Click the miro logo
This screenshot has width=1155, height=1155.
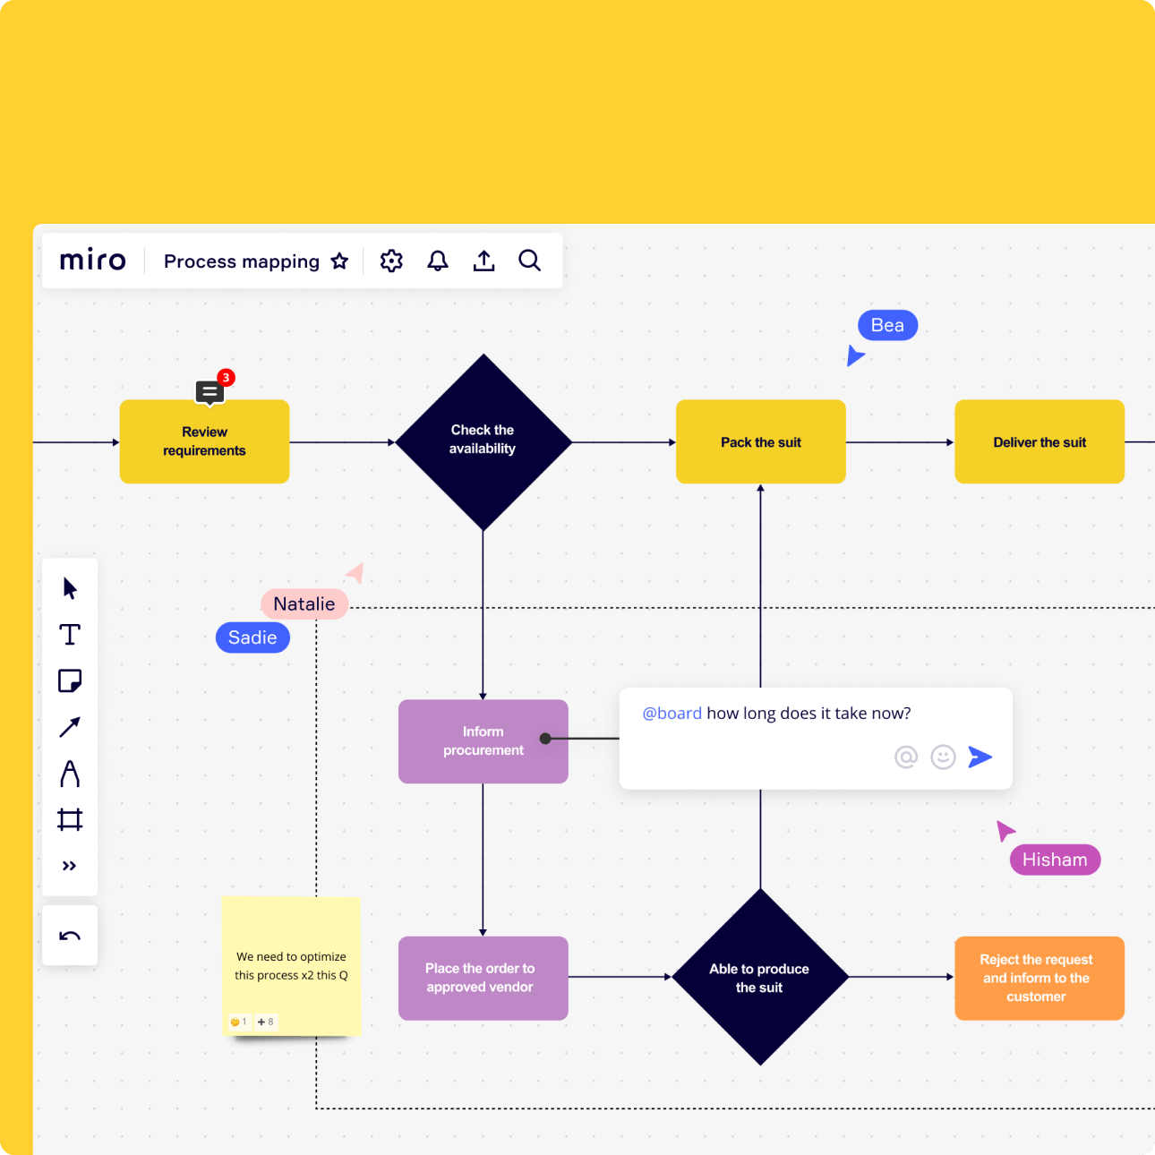(92, 261)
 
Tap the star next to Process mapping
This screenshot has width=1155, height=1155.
(339, 261)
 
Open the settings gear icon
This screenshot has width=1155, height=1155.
(391, 261)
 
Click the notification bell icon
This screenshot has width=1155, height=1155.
(438, 261)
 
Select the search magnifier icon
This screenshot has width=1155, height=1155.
(530, 261)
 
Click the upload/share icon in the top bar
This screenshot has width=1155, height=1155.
(483, 261)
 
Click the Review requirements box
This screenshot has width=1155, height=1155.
(204, 441)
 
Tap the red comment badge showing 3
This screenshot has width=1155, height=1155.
(226, 378)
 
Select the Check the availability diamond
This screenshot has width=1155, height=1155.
(483, 441)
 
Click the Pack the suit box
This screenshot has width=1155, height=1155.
(760, 441)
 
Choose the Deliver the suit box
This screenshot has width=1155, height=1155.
(1039, 441)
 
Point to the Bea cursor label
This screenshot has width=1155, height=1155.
(887, 325)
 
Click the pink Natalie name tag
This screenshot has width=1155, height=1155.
(304, 604)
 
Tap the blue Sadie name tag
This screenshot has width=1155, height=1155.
(252, 637)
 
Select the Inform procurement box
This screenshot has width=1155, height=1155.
(483, 741)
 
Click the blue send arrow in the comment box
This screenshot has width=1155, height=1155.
(980, 757)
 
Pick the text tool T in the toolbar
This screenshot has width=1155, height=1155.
(70, 635)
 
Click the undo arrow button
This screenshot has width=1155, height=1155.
(70, 937)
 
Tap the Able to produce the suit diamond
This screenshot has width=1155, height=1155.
(760, 977)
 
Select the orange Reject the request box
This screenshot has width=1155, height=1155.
(1039, 978)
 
